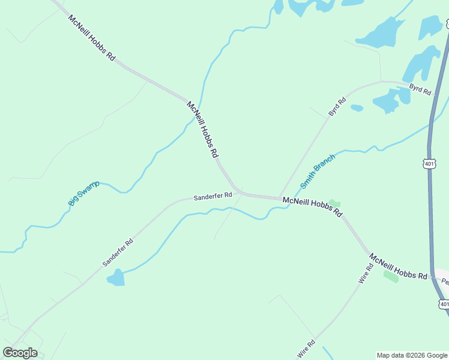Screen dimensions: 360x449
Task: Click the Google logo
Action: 20,353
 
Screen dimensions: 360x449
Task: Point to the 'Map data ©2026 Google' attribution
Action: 412,355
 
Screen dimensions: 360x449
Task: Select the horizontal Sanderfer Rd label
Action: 212,196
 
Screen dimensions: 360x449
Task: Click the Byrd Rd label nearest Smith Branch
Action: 337,107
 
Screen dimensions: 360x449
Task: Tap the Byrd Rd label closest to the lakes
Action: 420,90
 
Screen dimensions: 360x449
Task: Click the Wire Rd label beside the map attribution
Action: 306,349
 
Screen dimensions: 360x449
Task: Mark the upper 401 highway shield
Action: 429,163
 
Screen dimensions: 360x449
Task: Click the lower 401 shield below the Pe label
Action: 444,304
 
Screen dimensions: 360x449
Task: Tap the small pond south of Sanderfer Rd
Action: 115,277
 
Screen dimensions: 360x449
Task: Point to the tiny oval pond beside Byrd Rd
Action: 357,108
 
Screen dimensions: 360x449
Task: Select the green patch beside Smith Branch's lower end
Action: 334,204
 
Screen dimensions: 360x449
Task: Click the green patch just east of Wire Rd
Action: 391,277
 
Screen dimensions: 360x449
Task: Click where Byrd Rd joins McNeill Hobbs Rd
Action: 280,198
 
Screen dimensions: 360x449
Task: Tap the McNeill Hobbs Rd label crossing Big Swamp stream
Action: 202,129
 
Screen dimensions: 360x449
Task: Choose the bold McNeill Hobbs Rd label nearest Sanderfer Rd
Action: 312,206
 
